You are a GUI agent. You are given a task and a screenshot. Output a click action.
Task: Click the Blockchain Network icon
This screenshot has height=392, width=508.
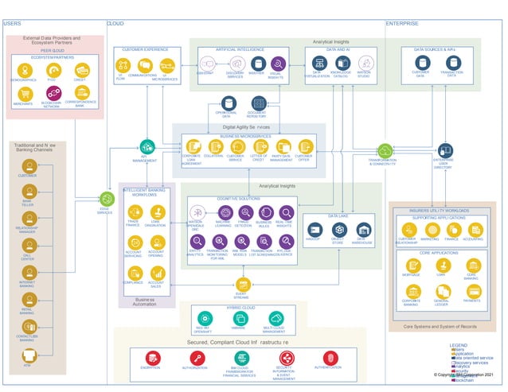[x=51, y=94]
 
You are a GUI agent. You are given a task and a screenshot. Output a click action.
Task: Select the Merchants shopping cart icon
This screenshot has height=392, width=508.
[x=23, y=94]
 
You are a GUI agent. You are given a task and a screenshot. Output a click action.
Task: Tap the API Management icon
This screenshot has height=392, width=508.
[x=147, y=146]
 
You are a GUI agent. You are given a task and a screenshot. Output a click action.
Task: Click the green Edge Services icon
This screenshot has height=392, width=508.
[x=106, y=198]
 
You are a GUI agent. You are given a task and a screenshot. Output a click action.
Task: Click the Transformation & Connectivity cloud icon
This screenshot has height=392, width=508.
[x=385, y=150]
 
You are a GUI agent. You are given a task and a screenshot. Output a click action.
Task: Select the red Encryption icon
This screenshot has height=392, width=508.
[x=150, y=359]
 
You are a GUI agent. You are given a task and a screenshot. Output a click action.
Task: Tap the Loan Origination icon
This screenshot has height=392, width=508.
[x=156, y=212]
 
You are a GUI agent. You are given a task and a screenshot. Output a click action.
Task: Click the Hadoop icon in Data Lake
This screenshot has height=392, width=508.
[x=314, y=230]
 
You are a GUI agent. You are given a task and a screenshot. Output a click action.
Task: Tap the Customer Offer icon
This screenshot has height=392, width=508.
[x=304, y=147]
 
